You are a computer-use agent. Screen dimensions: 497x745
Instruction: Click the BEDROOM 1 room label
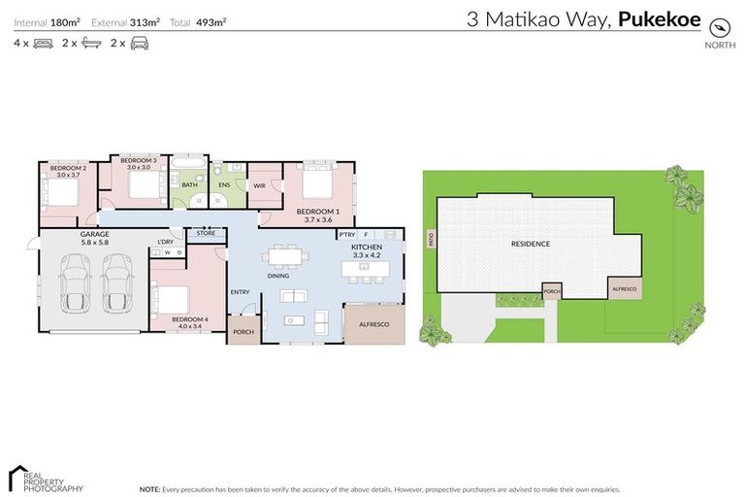[317, 212]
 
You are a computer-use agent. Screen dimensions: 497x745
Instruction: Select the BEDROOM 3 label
[139, 160]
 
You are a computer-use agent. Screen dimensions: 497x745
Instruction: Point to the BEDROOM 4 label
[191, 319]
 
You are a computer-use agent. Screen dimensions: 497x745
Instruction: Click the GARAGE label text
[94, 234]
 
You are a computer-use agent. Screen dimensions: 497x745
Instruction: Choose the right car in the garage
[116, 282]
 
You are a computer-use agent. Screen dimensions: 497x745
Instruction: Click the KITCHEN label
[367, 248]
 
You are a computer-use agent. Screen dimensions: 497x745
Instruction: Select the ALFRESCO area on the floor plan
[374, 324]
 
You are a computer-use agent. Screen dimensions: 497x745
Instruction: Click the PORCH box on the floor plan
[243, 331]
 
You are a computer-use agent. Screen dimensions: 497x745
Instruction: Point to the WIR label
[260, 185]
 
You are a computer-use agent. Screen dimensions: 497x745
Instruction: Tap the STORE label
[206, 233]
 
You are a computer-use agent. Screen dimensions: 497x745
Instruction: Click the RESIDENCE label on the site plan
[531, 244]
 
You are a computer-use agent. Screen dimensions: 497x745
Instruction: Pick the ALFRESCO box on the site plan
[623, 287]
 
